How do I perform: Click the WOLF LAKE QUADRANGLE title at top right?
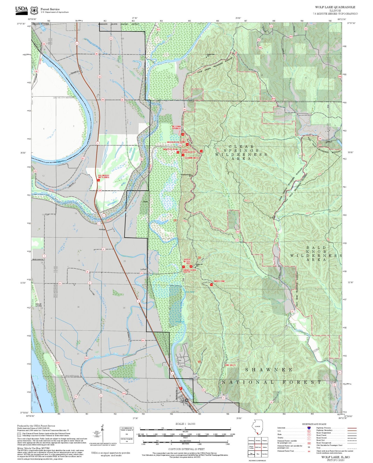click(335, 7)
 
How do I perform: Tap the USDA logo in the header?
click(21, 10)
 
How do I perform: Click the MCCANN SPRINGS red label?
click(176, 127)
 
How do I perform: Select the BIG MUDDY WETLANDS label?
click(104, 176)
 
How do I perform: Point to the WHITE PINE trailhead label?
click(219, 281)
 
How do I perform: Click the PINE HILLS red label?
click(230, 365)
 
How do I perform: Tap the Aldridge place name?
click(102, 229)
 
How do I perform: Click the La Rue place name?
click(143, 269)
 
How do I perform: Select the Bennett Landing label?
click(38, 305)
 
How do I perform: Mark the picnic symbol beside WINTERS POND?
click(178, 152)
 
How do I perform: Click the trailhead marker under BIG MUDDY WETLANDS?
click(98, 180)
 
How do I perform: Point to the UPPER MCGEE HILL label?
click(187, 261)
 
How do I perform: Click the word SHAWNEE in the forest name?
click(268, 370)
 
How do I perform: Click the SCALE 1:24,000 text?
click(185, 424)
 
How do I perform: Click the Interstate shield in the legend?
click(309, 428)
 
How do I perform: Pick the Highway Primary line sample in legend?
click(352, 428)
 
